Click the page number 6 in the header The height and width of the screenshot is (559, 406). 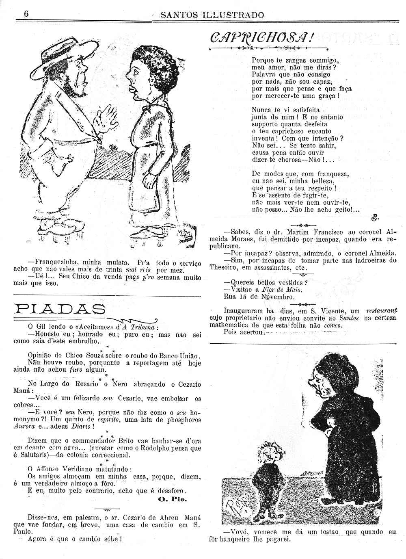click(26, 13)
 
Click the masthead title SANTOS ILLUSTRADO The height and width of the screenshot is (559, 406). click(212, 15)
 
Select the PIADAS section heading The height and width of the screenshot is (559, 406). click(59, 310)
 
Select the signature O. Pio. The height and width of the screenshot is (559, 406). click(172, 499)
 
